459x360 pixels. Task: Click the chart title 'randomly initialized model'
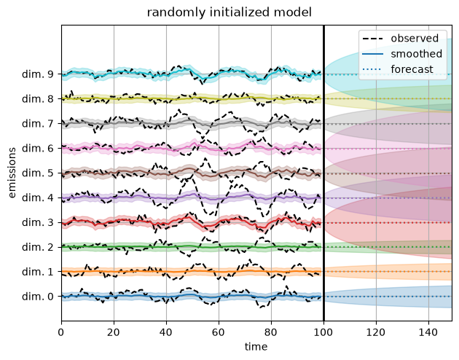(x=229, y=12)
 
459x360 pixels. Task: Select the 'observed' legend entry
(x=400, y=39)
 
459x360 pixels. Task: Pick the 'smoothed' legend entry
(x=402, y=54)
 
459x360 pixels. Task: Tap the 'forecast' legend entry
(x=397, y=69)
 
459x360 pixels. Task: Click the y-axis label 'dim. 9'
(x=38, y=74)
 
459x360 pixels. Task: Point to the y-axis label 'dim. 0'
(x=38, y=297)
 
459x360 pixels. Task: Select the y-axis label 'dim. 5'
(x=38, y=173)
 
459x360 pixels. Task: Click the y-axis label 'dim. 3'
(x=38, y=222)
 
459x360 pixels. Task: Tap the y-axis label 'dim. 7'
(x=38, y=123)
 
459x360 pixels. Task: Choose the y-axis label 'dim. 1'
(x=38, y=272)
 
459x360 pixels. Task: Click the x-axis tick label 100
(x=323, y=332)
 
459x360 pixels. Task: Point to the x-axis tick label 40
(x=166, y=332)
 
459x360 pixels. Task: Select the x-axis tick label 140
(x=428, y=332)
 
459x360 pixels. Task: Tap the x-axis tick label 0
(x=61, y=332)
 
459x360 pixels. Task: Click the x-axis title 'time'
(x=256, y=347)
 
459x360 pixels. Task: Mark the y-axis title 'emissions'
(x=12, y=173)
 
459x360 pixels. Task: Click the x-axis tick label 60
(x=219, y=332)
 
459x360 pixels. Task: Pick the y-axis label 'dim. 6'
(x=38, y=149)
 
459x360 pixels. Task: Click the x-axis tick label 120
(x=376, y=332)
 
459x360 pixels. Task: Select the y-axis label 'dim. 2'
(x=38, y=247)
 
